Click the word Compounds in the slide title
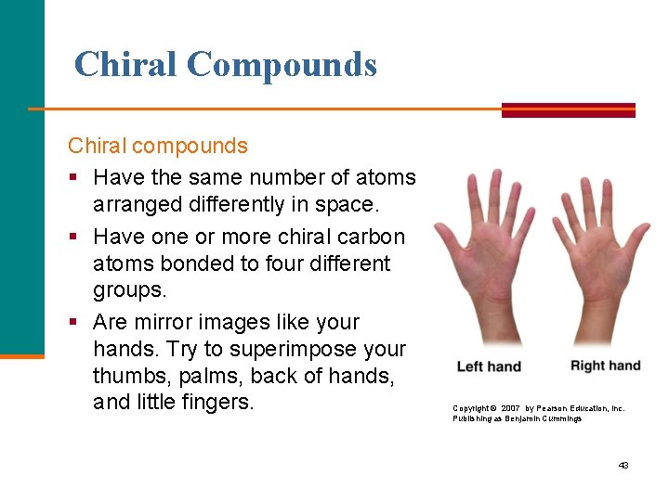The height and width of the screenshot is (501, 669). coord(282,64)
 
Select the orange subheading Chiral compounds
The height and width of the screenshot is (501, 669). coord(158,146)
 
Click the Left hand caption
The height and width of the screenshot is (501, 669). coord(489,367)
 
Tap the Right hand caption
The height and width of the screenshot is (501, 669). coord(605,366)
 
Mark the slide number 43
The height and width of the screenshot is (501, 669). coord(623,465)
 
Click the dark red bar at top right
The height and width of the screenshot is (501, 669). coord(568,110)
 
